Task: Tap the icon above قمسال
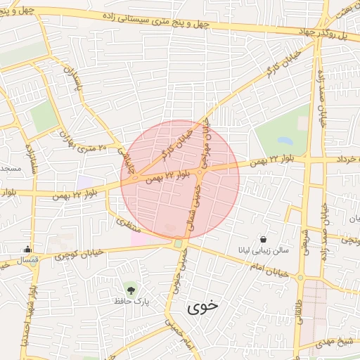tap(27, 248)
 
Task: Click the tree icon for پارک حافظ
tap(130, 288)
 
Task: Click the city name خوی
tap(203, 307)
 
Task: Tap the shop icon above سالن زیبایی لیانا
tap(263, 238)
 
